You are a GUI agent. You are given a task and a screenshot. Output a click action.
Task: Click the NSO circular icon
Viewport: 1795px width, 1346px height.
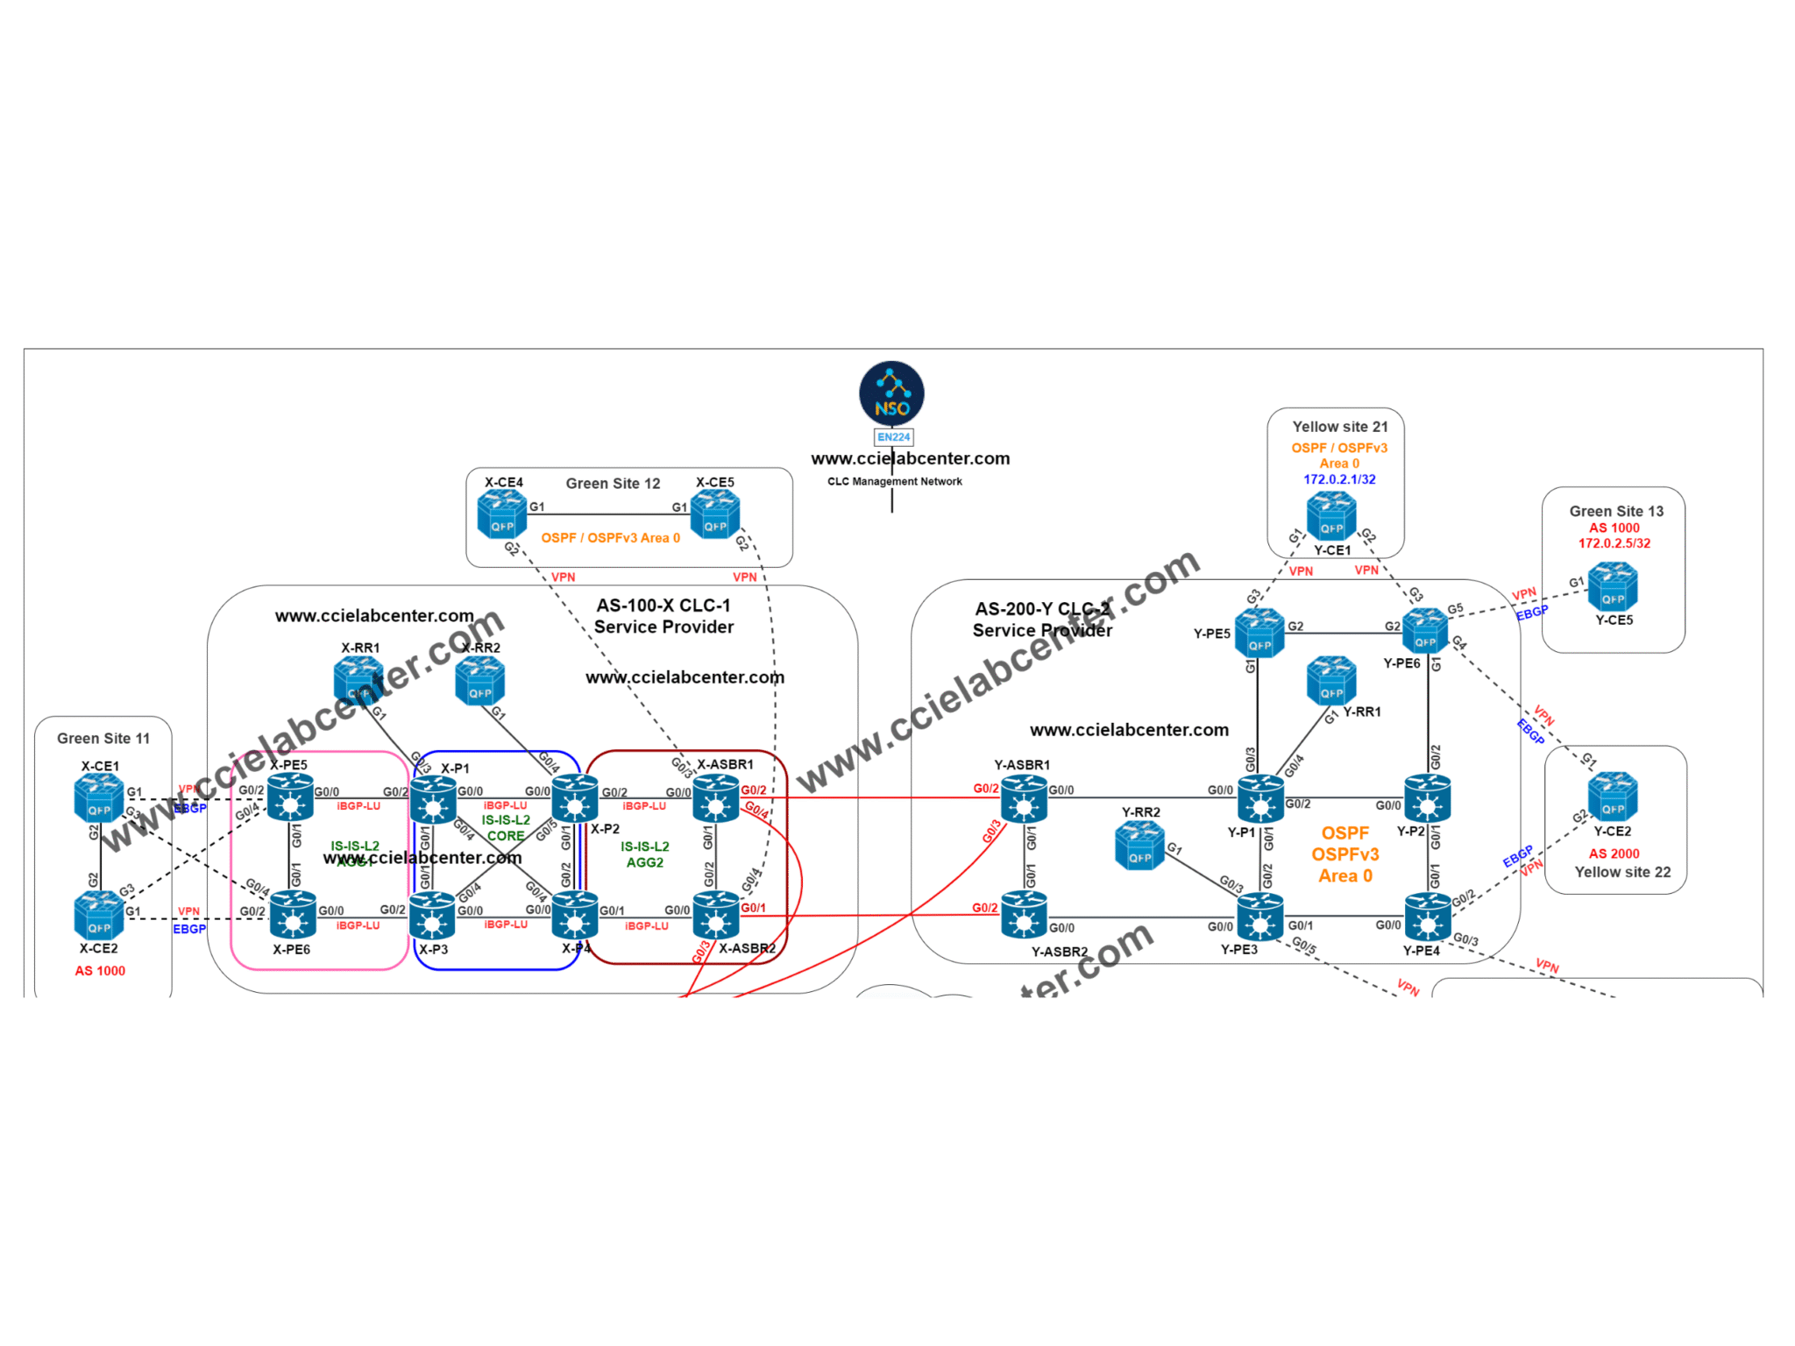tap(891, 393)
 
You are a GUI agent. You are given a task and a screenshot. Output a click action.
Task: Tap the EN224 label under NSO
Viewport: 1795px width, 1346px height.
tap(893, 436)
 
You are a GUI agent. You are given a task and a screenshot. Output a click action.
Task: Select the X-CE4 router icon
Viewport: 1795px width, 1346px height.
tap(501, 514)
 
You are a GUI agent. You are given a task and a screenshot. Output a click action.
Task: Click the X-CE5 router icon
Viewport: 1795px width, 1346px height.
tap(715, 514)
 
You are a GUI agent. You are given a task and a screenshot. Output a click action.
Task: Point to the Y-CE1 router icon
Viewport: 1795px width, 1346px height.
tap(1330, 516)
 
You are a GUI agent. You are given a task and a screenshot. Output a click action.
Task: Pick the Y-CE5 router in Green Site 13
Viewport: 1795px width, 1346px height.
tap(1613, 587)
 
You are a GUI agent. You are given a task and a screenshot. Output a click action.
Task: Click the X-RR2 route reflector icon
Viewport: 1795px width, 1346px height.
tap(479, 681)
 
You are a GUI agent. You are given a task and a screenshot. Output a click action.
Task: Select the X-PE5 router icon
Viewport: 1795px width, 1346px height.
tap(290, 797)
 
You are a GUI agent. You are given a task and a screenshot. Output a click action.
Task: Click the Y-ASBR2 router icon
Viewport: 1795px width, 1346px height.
tap(1023, 917)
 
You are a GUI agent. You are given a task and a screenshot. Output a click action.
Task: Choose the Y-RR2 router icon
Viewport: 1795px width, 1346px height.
tap(1139, 847)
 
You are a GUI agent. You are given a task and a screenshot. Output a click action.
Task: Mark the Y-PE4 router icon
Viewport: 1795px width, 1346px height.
tap(1427, 917)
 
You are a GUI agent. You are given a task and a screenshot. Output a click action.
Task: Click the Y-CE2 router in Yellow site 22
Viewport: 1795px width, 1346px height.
tap(1613, 796)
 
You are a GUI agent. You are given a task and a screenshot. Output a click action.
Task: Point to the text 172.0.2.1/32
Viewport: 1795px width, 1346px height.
tap(1338, 479)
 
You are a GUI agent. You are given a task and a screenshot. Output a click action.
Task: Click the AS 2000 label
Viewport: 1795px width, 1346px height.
tap(1613, 854)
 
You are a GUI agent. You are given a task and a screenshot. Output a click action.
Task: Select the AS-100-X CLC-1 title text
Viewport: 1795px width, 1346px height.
tap(663, 606)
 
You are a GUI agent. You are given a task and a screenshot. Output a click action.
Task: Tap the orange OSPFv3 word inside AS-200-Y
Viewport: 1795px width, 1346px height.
tap(1344, 854)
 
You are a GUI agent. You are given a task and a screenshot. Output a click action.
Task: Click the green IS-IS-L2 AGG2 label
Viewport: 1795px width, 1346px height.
tap(644, 854)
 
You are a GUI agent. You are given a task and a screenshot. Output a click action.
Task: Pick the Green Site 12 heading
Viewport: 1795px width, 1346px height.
tap(613, 484)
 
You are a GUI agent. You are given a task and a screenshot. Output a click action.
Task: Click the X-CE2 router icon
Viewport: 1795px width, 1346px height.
tap(99, 916)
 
